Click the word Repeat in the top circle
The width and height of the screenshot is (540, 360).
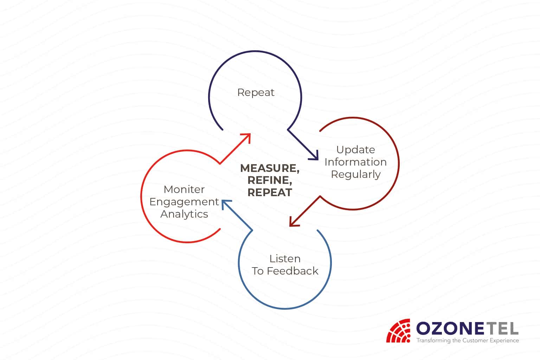coord(256,92)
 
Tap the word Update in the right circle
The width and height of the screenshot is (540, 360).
coord(355,150)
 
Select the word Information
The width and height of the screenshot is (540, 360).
coord(355,162)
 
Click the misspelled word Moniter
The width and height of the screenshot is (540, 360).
coord(184,189)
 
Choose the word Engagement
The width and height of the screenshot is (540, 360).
coord(184,202)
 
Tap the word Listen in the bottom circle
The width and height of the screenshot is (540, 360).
coord(285,259)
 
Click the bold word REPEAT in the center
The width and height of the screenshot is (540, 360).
coord(270,193)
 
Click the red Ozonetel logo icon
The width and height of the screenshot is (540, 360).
coord(398,330)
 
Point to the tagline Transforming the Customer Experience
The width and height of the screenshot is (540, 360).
coord(468,340)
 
